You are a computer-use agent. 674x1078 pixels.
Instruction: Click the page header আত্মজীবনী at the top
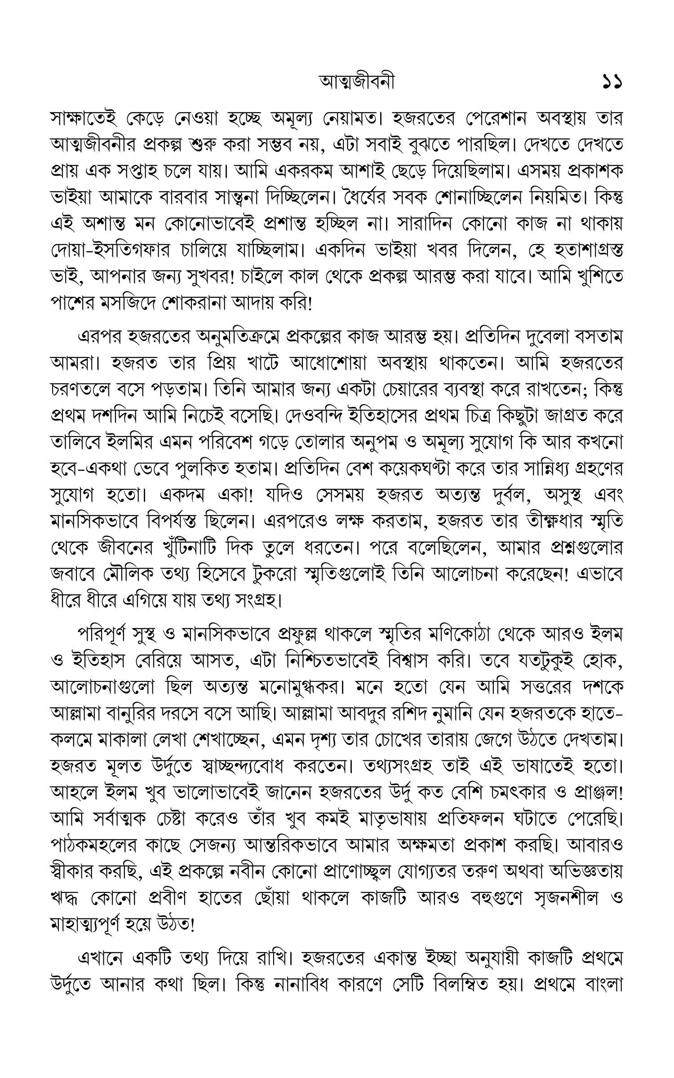point(357,82)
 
